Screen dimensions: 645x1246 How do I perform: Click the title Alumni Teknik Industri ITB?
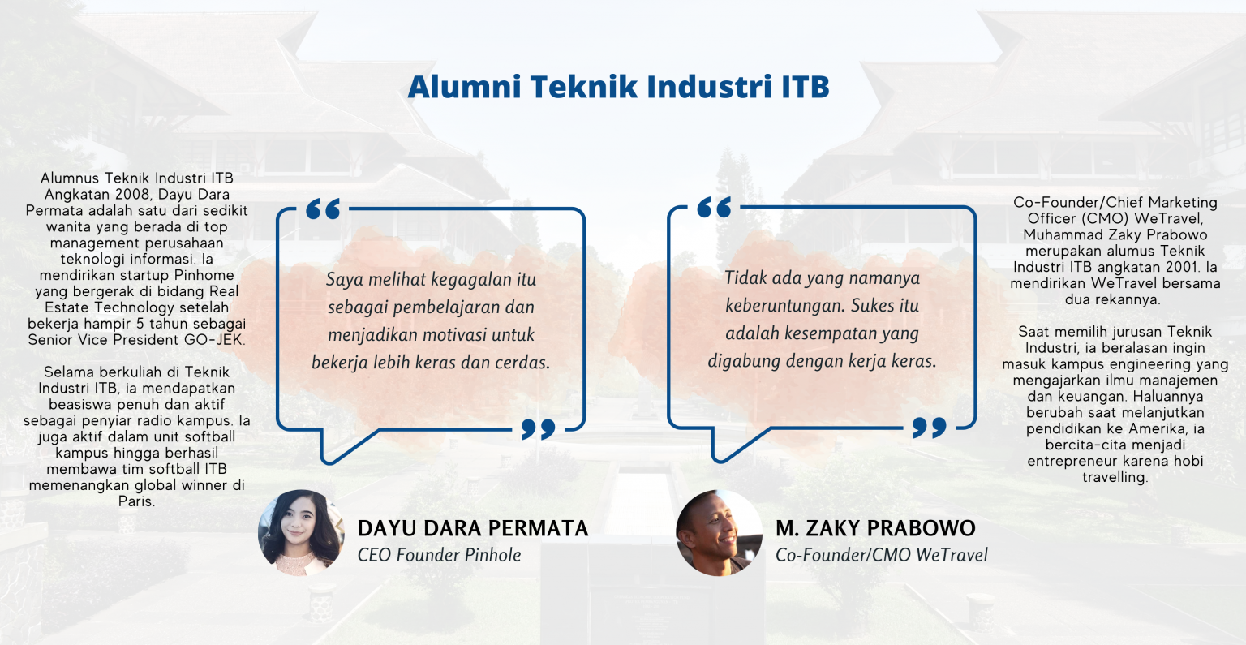coord(618,87)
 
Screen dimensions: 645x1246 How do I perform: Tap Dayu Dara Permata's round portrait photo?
coord(301,532)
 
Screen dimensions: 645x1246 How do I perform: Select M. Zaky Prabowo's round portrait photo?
coord(719,532)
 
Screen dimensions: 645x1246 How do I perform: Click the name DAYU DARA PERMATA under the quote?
coord(473,528)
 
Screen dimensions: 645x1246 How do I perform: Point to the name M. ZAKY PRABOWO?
coord(875,528)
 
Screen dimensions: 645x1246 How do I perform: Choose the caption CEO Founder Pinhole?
coord(439,555)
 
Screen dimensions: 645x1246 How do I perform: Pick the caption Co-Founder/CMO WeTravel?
coord(881,555)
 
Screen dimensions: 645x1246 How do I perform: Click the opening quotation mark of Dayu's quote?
coord(323,209)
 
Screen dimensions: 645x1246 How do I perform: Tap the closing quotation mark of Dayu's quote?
coord(538,428)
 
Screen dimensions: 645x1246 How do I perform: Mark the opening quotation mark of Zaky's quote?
coord(714,208)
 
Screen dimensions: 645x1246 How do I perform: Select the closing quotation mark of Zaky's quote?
coord(929,427)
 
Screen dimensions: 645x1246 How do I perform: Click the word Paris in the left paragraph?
coord(136,501)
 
